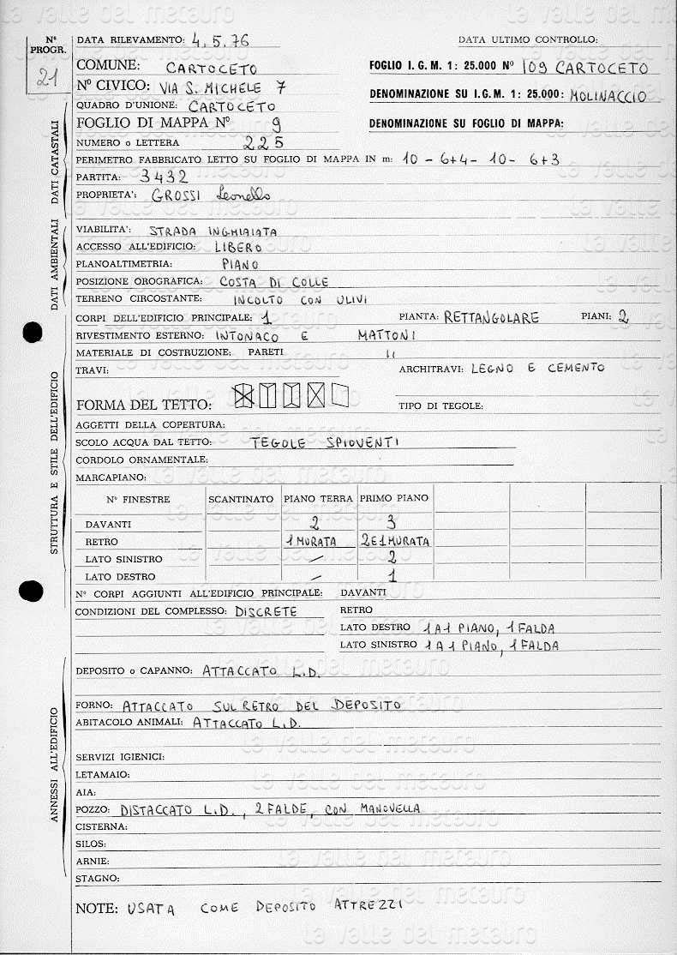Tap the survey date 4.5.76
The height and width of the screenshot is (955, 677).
coord(215,39)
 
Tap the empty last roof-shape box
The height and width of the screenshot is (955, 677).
coord(339,395)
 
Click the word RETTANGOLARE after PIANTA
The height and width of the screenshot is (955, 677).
coord(492,318)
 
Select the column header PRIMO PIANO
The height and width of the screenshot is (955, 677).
coord(394,498)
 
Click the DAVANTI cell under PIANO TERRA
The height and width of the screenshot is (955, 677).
coord(315,522)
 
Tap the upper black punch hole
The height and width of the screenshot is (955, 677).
coord(33,332)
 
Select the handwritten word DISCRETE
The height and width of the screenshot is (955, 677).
coord(266,612)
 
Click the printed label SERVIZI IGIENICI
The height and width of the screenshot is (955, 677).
coord(120,757)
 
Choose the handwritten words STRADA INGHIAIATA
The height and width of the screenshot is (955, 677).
coord(213,231)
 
